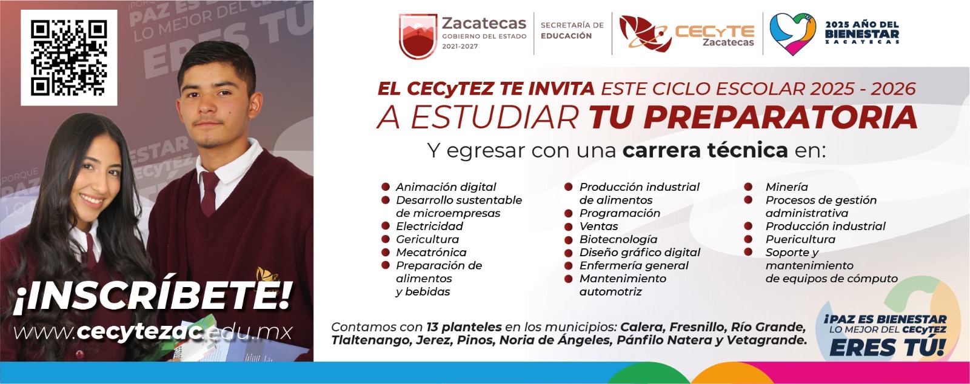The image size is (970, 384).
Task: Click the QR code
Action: (x=69, y=58)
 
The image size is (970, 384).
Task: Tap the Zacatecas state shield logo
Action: (x=418, y=36)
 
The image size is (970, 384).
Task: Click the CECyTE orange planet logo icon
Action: (x=645, y=33)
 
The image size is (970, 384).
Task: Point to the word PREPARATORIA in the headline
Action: (x=780, y=117)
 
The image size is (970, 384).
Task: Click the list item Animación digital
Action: (x=446, y=187)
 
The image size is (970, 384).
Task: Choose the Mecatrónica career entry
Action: (x=431, y=252)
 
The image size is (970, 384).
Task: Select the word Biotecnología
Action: (x=618, y=239)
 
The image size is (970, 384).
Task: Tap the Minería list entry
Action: (x=786, y=187)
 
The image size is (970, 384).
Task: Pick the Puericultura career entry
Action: (x=800, y=239)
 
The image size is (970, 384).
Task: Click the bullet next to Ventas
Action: (x=569, y=226)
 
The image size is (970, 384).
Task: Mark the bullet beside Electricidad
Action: (x=386, y=226)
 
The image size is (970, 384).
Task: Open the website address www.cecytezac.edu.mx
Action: (x=153, y=332)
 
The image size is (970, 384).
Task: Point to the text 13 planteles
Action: (x=464, y=327)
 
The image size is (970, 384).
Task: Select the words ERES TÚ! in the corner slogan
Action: (x=888, y=348)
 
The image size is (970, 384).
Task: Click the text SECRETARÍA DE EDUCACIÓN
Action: (x=572, y=30)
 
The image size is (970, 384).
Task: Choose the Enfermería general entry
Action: (x=634, y=265)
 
